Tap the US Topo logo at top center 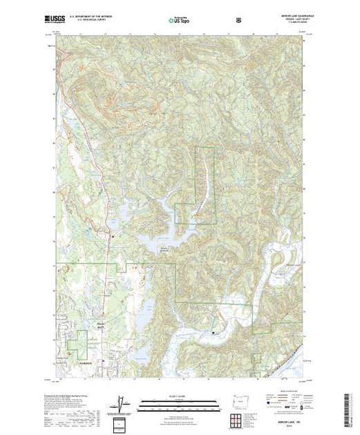tap(180, 19)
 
